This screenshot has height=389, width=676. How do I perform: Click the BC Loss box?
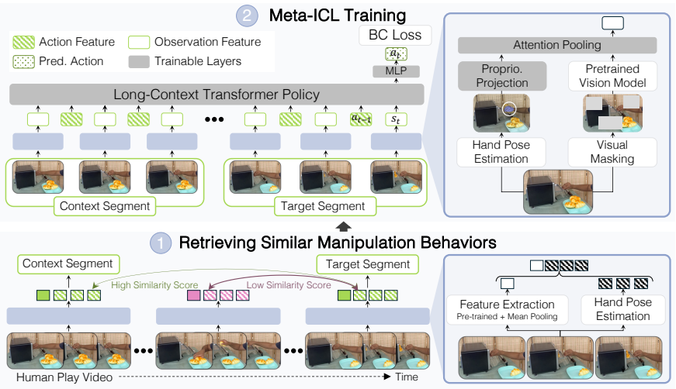click(395, 36)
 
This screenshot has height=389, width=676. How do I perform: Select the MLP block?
click(396, 71)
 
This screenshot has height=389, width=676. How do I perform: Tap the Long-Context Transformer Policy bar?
click(217, 95)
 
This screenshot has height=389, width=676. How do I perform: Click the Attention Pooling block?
click(557, 45)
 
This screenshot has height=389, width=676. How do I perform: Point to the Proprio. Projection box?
click(502, 76)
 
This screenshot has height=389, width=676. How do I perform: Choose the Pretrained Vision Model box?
click(612, 76)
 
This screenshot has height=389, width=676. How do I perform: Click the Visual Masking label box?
click(612, 152)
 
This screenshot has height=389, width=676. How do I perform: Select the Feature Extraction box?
click(507, 309)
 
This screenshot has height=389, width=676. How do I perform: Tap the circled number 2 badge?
click(247, 16)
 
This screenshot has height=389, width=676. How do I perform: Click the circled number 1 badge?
click(161, 243)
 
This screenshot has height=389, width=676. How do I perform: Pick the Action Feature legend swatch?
click(24, 42)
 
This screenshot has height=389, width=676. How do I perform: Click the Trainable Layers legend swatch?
click(139, 61)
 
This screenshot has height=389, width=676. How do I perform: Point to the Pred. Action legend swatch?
click(24, 61)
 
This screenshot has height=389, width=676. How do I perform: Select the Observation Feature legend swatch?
click(139, 42)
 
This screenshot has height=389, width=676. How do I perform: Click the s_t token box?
click(396, 119)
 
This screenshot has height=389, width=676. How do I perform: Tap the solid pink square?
click(193, 295)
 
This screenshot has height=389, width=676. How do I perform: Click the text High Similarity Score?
click(154, 285)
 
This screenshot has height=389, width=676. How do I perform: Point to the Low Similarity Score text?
click(289, 285)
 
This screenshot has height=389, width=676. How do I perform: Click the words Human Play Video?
click(64, 377)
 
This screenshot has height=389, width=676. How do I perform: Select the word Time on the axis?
click(407, 377)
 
